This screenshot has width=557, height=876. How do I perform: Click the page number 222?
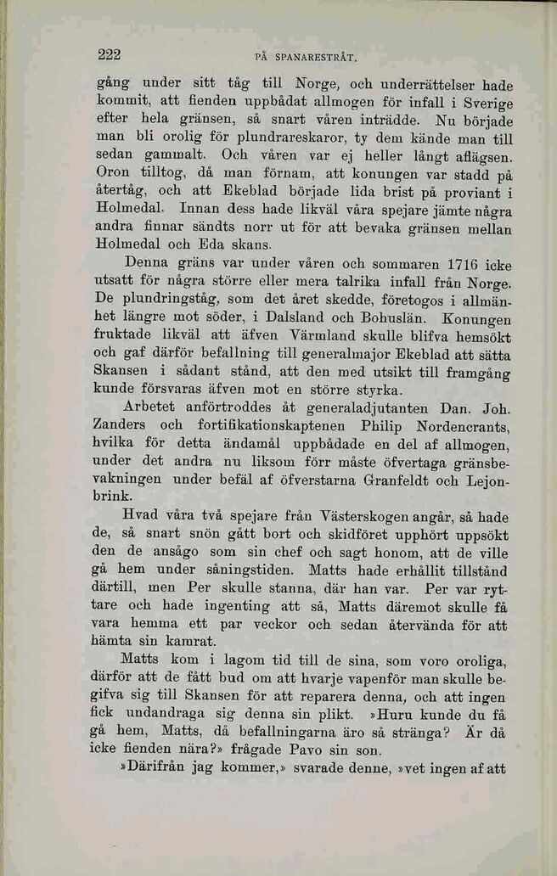(x=110, y=55)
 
